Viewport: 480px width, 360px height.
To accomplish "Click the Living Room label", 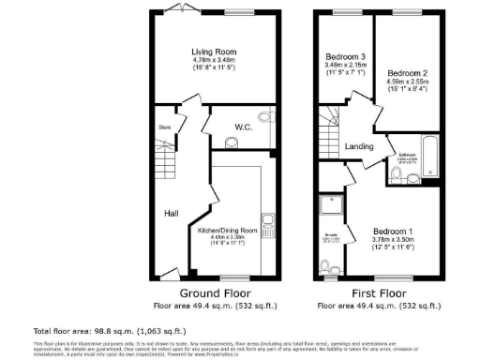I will (x=214, y=52).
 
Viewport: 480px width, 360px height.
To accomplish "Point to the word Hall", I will (x=172, y=214).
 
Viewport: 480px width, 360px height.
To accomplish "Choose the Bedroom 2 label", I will (x=407, y=73).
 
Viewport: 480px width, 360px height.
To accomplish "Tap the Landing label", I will (x=360, y=145).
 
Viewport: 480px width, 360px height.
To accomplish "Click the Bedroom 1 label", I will (x=392, y=231).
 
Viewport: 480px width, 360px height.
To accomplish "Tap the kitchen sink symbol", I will (x=269, y=223).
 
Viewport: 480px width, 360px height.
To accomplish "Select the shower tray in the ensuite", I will (x=331, y=206).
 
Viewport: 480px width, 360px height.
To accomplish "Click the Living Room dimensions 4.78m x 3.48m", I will (x=214, y=61).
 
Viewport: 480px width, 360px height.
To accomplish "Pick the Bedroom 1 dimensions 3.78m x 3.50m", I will (x=392, y=240).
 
